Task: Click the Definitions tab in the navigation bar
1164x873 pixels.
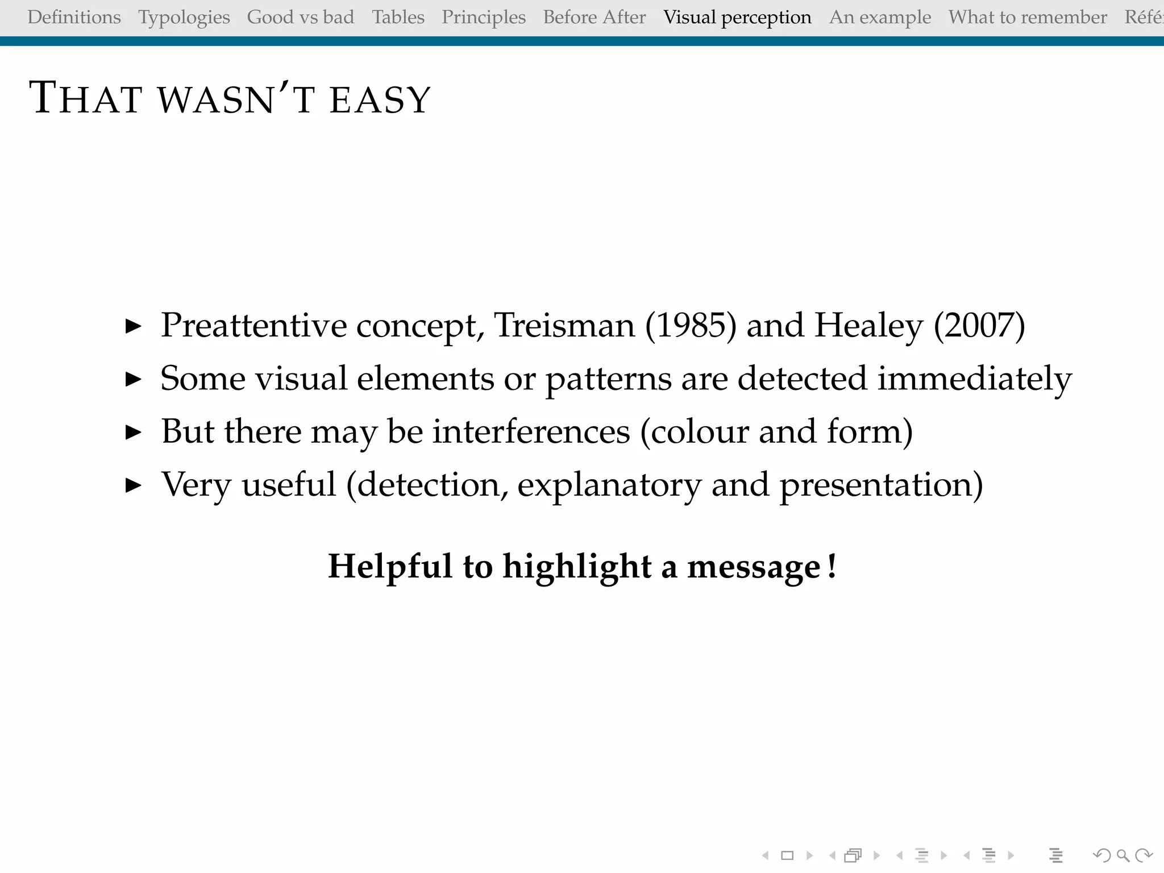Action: [74, 17]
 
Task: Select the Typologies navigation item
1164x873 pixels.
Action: [184, 17]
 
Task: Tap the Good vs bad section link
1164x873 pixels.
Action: [301, 17]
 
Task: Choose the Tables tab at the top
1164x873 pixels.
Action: [398, 17]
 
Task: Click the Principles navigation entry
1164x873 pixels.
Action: [484, 17]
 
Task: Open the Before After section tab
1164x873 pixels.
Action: [595, 17]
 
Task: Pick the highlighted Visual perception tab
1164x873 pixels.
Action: [737, 17]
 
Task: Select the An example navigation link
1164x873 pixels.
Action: [880, 17]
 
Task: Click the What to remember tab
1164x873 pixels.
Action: [1028, 17]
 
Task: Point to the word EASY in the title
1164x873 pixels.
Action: [380, 100]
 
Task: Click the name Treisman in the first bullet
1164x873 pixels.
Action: [564, 325]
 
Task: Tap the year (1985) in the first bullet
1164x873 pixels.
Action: [691, 325]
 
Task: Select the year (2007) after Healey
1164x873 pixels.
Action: [979, 325]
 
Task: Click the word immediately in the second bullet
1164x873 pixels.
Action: [974, 379]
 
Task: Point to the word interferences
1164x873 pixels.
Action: [531, 431]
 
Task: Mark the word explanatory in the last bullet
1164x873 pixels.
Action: [609, 485]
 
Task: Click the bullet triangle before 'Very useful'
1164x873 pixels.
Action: [133, 485]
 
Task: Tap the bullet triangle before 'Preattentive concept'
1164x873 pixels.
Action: [133, 326]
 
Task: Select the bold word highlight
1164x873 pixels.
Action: [576, 567]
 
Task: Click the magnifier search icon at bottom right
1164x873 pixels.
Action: [1123, 855]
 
